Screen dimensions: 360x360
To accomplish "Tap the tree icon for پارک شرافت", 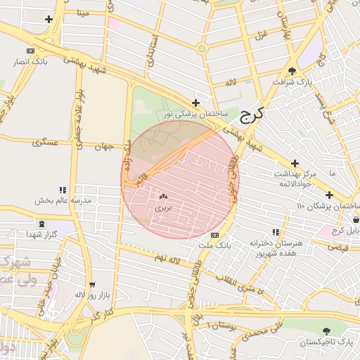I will tap(292, 70).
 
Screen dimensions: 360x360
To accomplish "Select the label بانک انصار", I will tap(30, 61).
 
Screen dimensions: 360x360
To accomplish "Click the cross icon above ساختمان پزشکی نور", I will tap(205, 103).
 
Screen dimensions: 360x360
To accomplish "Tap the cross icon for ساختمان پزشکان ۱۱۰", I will tap(329, 195).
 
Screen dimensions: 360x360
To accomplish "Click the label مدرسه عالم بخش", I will tap(64, 200).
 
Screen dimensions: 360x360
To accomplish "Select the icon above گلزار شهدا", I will tap(42, 224).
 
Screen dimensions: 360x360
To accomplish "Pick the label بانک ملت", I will tap(214, 245).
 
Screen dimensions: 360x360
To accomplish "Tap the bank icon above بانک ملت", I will tap(214, 235).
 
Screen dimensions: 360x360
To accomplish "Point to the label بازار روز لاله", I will tap(90, 294).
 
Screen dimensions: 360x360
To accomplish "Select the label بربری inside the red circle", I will tap(163, 208).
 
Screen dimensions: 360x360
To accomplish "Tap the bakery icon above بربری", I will tap(163, 198).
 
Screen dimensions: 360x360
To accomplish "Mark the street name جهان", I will tap(104, 147).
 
